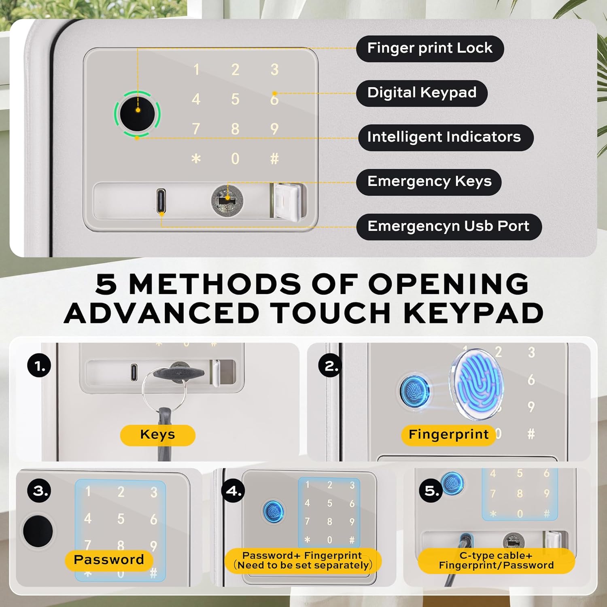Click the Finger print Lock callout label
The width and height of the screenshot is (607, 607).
click(x=430, y=49)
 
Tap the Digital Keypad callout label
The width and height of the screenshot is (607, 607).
click(x=422, y=93)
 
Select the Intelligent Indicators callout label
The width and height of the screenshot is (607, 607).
click(x=445, y=138)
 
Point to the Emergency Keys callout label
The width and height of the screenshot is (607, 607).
click(x=429, y=182)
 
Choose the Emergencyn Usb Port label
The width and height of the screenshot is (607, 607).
click(x=449, y=227)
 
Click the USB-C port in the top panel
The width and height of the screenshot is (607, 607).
click(x=161, y=201)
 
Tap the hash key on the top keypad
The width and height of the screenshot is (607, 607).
click(x=274, y=159)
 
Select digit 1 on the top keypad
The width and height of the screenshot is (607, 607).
click(x=196, y=70)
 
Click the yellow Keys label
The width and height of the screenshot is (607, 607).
click(x=158, y=435)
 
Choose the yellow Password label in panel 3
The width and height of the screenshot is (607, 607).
click(x=109, y=560)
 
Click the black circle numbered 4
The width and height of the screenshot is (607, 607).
click(x=233, y=490)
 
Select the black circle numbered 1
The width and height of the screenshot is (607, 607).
click(x=39, y=366)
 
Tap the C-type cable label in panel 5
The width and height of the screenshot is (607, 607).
click(x=496, y=561)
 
